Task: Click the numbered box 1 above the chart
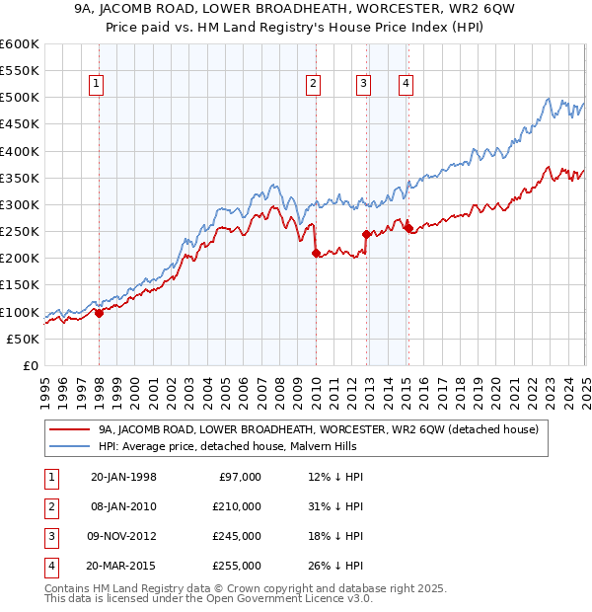pos(97,84)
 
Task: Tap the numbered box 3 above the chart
pos(364,84)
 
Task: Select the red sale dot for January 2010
pos(316,253)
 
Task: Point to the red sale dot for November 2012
pos(366,234)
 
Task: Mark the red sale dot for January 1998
pos(99,313)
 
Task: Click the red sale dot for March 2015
pos(409,229)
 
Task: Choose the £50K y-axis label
pos(24,339)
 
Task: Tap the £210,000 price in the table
pos(238,506)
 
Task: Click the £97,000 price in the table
pos(241,477)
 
